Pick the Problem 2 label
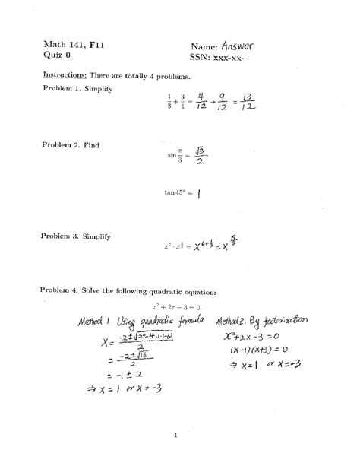(x=58, y=144)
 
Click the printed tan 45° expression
(x=176, y=192)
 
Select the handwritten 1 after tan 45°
(x=197, y=193)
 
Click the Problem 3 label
(x=58, y=236)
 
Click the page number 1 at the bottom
(x=175, y=435)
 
